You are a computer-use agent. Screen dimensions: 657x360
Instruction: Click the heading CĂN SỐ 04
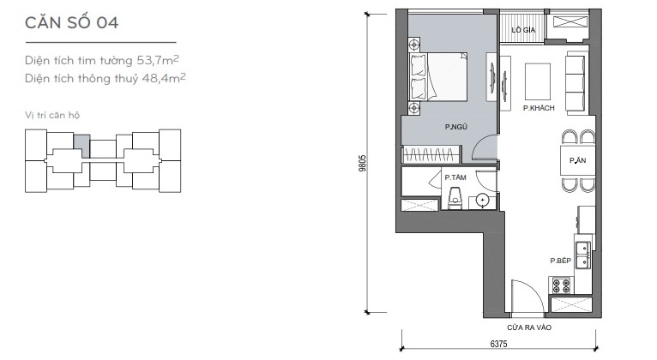[72, 22]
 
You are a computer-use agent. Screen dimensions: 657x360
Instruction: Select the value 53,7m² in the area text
[158, 60]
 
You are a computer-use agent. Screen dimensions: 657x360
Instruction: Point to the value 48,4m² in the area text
[164, 78]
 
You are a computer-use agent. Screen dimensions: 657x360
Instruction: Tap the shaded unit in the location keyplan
[81, 145]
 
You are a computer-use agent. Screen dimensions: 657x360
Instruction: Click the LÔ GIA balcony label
[523, 30]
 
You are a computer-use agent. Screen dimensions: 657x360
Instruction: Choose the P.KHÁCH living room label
[539, 108]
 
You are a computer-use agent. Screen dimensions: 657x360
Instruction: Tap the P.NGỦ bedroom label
[456, 127]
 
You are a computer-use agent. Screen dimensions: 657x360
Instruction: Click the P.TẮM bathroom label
[455, 177]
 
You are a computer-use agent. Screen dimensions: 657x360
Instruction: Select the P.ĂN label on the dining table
[577, 160]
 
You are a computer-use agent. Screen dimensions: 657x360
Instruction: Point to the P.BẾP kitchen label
[561, 261]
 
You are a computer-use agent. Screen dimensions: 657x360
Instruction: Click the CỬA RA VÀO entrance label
[529, 327]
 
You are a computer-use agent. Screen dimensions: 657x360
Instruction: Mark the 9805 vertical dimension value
[363, 163]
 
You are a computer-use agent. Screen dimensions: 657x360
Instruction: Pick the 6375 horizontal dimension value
[498, 344]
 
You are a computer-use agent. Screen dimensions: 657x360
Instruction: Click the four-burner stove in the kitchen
[561, 285]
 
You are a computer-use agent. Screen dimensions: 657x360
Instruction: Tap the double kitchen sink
[582, 255]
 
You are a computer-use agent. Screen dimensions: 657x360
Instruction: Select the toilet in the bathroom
[455, 198]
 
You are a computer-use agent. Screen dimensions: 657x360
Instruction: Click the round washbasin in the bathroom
[483, 201]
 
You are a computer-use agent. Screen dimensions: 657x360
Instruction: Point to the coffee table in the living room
[538, 81]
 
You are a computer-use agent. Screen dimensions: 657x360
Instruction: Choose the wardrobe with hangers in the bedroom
[431, 154]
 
